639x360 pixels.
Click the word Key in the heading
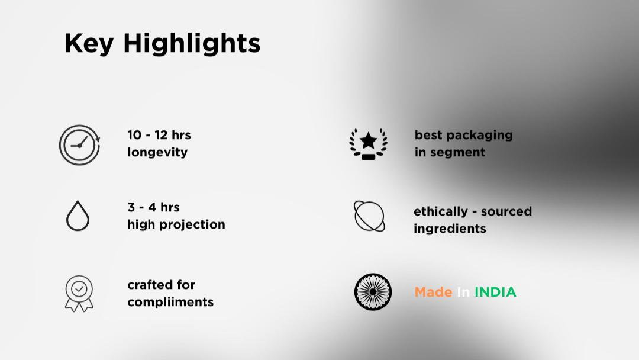point(89,44)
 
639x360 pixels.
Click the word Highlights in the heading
point(192,44)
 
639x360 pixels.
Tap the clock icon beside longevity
point(79,145)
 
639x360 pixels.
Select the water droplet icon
point(78,216)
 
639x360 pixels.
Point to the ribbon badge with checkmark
point(79,294)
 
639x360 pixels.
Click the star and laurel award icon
point(369,144)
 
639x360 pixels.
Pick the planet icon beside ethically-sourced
point(369,216)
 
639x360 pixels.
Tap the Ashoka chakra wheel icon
point(373,292)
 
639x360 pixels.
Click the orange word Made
point(433,292)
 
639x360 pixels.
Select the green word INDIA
point(495,292)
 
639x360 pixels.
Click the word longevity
point(157,153)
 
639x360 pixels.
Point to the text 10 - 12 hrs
point(159,135)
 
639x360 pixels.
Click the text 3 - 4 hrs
point(153,207)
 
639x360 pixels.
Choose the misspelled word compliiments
point(170,302)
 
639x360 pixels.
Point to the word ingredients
point(450,229)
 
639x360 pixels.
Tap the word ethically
point(441,211)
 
